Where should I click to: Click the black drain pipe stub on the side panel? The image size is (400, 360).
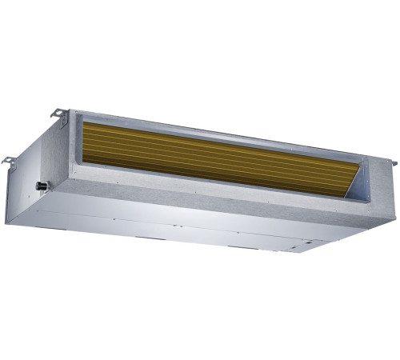pyautogui.click(x=41, y=185)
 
